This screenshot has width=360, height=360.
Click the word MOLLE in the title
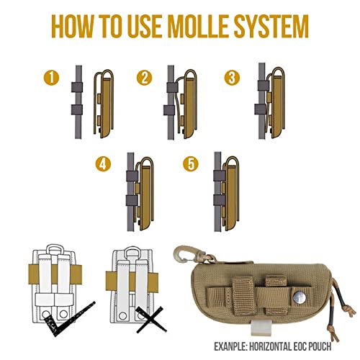199,26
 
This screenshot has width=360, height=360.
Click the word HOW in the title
71,26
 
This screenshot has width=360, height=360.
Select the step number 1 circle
51,78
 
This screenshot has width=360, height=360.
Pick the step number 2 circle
144,78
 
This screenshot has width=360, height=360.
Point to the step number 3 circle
232,78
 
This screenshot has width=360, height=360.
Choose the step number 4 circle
103,164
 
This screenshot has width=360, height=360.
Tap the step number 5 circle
191,164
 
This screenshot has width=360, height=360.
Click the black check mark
70,319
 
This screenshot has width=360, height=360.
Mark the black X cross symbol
150,320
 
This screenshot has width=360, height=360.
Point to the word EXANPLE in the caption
230,346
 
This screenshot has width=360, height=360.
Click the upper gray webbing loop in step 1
77,87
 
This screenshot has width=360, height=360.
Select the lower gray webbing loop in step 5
220,200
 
